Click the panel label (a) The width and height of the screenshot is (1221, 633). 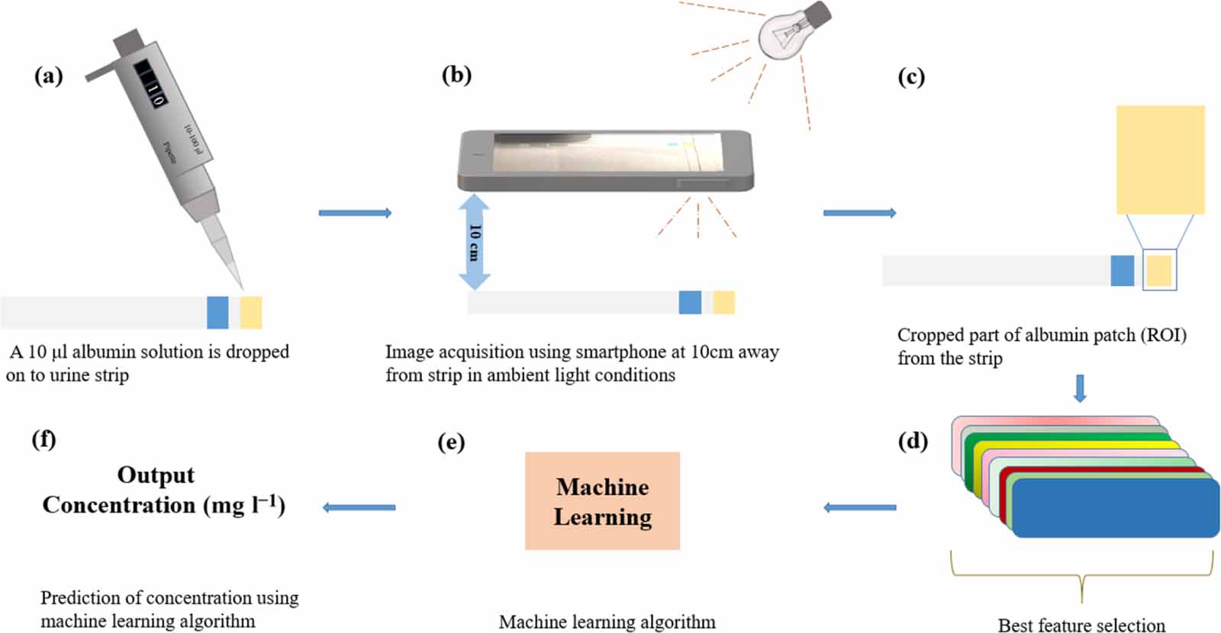[x=49, y=76]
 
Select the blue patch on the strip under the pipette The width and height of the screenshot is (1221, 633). [x=217, y=313]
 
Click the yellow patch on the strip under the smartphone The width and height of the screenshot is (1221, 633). [x=723, y=303]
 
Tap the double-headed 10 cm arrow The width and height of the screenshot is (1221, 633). [x=474, y=241]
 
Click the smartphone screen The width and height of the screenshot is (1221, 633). [x=606, y=153]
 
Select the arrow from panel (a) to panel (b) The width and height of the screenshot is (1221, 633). [x=355, y=213]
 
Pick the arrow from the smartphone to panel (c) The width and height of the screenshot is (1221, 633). [x=859, y=213]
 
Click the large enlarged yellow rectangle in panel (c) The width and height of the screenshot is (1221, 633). [x=1160, y=159]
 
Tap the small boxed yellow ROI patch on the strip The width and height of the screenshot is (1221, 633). [x=1159, y=271]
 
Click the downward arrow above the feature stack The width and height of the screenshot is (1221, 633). [x=1079, y=388]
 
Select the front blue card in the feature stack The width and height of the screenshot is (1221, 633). [x=1115, y=508]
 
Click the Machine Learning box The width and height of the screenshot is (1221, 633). [x=602, y=501]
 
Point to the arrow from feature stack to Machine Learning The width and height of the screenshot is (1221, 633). [x=860, y=507]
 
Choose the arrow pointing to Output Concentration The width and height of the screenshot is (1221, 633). [x=359, y=507]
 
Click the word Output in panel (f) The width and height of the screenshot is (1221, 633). [x=156, y=475]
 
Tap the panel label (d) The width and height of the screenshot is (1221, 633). [x=913, y=441]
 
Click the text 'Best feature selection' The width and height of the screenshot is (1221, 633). [x=1081, y=625]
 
